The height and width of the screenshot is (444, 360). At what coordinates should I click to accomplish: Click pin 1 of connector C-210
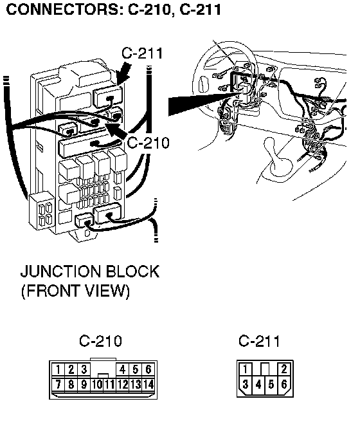coord(58,369)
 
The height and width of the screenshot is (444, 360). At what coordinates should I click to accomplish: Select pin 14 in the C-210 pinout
coord(148,384)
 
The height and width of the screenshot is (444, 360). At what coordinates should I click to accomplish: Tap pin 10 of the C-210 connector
coord(96,384)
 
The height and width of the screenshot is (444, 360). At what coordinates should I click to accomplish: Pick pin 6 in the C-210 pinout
coord(148,369)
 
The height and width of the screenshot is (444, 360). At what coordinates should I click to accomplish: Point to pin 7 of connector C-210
coord(58,384)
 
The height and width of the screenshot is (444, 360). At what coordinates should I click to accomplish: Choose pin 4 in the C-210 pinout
coord(122,369)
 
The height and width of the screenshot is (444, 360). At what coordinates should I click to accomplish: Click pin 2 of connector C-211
coord(284,369)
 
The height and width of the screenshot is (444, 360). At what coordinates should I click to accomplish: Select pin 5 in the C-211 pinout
coord(271,384)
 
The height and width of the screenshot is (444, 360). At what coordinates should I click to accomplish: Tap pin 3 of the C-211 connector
coord(245,384)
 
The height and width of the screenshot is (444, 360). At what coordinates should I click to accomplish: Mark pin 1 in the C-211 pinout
coord(245,369)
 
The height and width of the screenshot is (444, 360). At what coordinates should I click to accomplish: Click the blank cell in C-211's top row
coord(265,369)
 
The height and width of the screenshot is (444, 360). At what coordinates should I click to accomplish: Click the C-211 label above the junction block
coord(142,53)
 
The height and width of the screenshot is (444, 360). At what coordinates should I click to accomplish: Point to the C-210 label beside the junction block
coord(148,143)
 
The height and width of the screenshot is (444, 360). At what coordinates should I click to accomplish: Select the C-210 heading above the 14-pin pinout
coord(101,340)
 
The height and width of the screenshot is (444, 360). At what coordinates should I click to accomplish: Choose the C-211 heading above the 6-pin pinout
coord(259,340)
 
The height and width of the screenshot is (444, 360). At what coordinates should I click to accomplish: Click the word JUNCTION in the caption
coord(60,272)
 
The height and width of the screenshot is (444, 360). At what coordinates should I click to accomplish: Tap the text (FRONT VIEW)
coord(75,291)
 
